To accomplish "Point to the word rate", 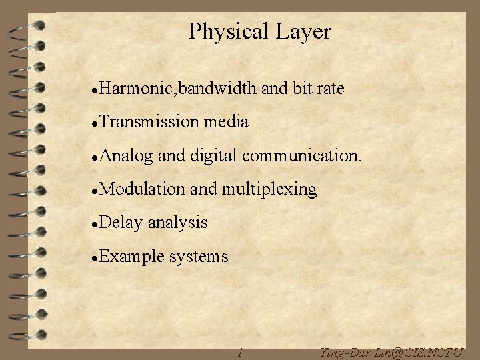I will [329, 88].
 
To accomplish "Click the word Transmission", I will [151, 122].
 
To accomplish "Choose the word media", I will [227, 122].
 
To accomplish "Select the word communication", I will [303, 156].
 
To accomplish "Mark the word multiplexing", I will [270, 190].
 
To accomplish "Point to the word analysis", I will [177, 223].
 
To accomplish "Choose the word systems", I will [199, 257].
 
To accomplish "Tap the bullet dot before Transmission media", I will [96, 123].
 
